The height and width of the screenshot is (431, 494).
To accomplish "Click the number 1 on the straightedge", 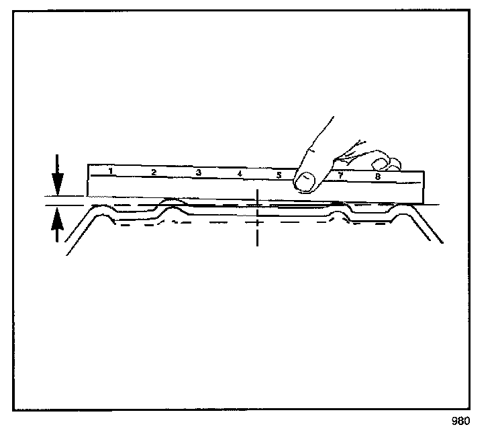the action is pyautogui.click(x=110, y=171).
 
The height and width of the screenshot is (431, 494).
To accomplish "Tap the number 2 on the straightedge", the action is pyautogui.click(x=154, y=173).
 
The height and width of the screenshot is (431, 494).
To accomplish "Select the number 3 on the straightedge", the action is pyautogui.click(x=198, y=173).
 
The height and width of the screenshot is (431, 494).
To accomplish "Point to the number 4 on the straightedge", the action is pyautogui.click(x=240, y=174).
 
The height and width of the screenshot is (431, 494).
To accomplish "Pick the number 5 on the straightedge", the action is pyautogui.click(x=279, y=175).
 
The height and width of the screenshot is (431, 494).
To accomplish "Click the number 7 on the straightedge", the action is pyautogui.click(x=340, y=175).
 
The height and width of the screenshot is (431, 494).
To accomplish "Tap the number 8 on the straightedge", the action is pyautogui.click(x=378, y=177).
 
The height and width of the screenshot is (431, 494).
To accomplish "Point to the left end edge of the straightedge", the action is pyautogui.click(x=89, y=180).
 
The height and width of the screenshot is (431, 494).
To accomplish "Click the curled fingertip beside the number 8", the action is pyautogui.click(x=381, y=162).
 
